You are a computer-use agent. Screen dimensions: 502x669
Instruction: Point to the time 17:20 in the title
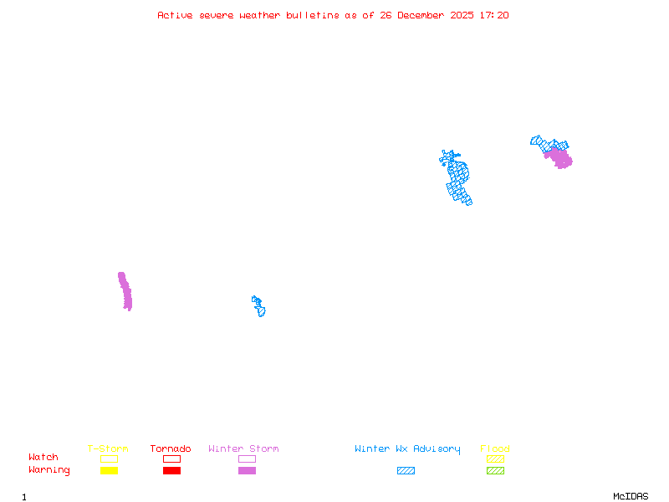494,15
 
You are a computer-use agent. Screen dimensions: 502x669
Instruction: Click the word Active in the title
175,15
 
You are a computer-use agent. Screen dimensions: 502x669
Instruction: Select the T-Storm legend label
108,449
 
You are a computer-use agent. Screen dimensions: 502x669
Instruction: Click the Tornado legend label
171,449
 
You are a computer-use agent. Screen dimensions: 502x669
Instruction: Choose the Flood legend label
495,449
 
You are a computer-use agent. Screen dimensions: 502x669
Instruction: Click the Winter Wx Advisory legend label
407,449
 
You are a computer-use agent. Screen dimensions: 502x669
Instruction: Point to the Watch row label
43,458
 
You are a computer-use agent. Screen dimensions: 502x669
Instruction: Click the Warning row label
49,470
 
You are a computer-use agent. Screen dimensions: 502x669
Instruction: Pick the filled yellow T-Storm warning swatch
109,470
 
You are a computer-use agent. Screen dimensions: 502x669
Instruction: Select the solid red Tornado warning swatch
171,470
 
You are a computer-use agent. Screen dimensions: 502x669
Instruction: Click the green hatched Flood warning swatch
495,470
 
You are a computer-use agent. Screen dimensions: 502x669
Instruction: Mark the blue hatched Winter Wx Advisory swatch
406,470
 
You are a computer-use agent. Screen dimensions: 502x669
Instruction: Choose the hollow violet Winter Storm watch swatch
247,458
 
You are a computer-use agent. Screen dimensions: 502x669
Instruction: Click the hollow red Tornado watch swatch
171,458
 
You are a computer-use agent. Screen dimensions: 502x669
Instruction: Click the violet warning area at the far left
125,291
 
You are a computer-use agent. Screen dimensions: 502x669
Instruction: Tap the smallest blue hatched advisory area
258,306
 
